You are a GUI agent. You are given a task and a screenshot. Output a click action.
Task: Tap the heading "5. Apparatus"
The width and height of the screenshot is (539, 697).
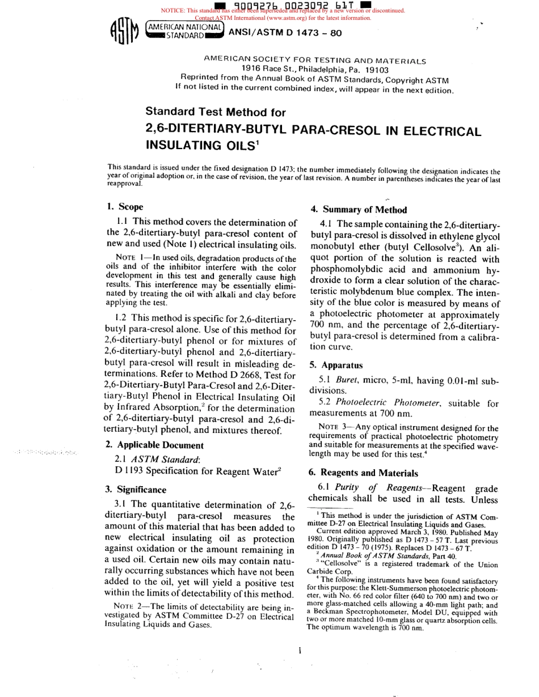pyautogui.click(x=336, y=365)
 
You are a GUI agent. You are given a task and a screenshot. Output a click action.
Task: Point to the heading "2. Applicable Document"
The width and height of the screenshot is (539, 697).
pyautogui.click(x=154, y=445)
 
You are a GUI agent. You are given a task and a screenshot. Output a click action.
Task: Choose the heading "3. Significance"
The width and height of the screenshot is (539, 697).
pyautogui.click(x=136, y=490)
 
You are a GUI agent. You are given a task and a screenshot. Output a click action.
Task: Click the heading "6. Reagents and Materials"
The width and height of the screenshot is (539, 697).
pyautogui.click(x=363, y=473)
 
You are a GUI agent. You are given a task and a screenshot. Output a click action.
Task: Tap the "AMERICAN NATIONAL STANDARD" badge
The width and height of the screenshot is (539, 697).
pyautogui.click(x=184, y=30)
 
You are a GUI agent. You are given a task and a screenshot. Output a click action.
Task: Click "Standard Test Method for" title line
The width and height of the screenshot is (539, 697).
pyautogui.click(x=216, y=112)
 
